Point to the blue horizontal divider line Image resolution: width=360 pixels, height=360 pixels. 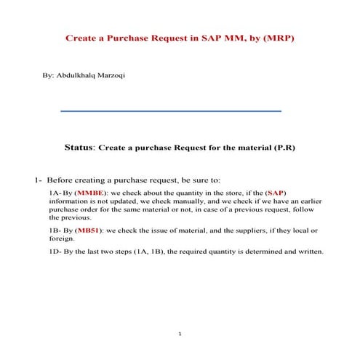[171, 111]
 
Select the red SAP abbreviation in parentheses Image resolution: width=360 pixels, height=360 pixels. [276, 192]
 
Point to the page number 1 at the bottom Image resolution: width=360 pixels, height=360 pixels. [180, 334]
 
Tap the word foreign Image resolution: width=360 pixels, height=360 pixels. [62, 238]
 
